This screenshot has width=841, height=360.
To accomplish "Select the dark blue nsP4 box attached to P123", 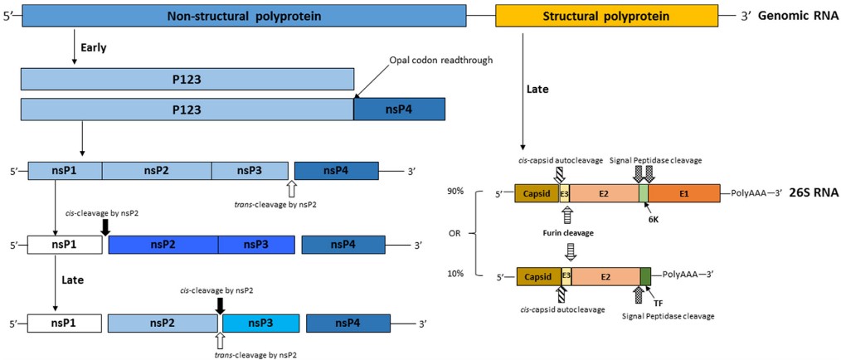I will click(x=399, y=109).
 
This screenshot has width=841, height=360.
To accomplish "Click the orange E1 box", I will click(x=684, y=192).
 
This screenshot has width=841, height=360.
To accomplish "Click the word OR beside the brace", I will click(x=455, y=233).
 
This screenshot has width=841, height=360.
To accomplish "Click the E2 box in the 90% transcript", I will click(x=603, y=192).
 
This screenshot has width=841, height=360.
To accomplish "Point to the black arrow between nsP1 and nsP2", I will click(x=105, y=227).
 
